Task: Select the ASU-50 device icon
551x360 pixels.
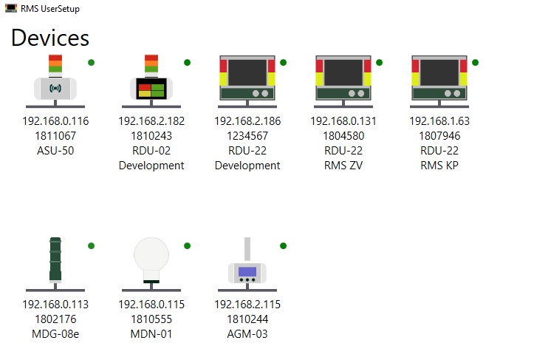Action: [55, 81]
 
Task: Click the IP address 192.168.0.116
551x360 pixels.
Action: [55, 121]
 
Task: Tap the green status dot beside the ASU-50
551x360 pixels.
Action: [92, 62]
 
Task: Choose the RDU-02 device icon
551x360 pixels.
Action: [151, 81]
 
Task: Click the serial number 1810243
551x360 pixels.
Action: [151, 136]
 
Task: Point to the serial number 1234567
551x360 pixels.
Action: [247, 136]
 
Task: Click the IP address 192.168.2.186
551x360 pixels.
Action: [247, 121]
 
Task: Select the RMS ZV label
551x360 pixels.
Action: [343, 166]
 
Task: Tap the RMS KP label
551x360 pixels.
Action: [439, 166]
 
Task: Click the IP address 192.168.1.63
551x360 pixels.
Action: [439, 121]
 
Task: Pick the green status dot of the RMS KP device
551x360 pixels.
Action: [476, 62]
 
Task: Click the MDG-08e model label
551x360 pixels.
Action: [55, 334]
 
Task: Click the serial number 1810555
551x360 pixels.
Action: [151, 319]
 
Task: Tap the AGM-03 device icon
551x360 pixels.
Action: [247, 266]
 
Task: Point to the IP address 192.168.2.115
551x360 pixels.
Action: [247, 305]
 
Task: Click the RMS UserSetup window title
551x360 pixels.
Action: [50, 9]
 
